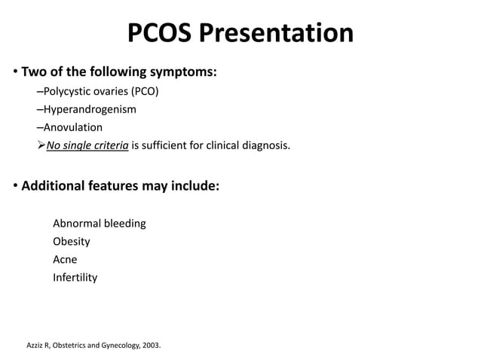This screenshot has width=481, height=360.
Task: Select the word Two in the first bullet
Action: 33,73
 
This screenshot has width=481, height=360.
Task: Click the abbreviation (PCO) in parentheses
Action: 142,92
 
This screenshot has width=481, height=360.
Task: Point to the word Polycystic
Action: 68,92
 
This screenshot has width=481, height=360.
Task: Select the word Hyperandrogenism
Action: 90,109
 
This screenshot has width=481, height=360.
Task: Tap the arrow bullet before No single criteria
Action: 41,145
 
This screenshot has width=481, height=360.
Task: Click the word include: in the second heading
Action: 195,185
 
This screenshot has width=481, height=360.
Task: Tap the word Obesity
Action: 72,242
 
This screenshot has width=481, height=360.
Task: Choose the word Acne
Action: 65,260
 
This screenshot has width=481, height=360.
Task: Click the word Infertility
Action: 75,278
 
